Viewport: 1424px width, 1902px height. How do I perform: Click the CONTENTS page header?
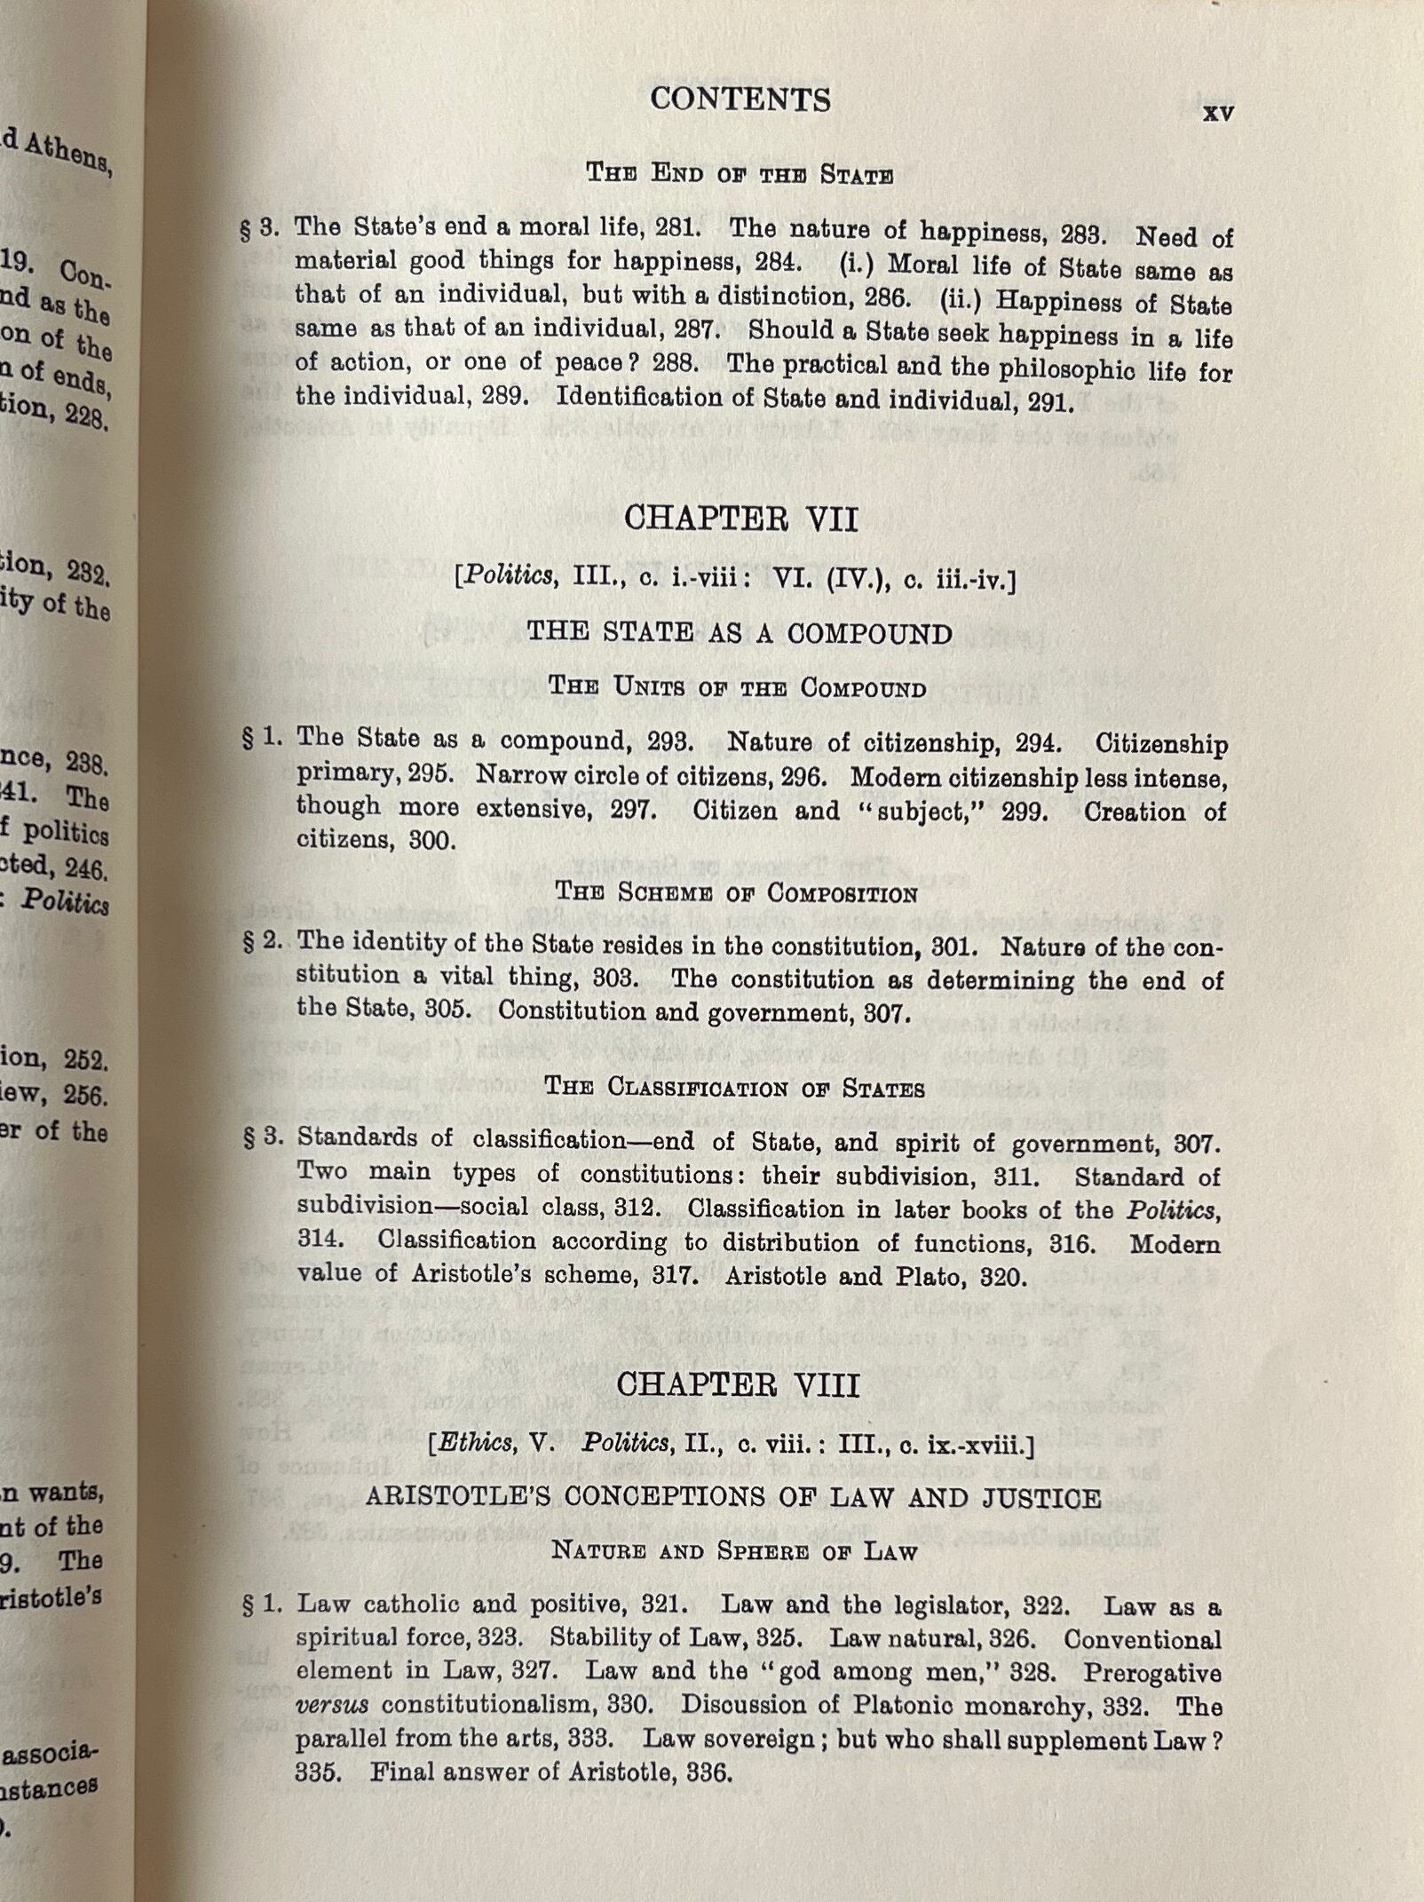(740, 99)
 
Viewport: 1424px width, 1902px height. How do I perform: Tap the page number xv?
(1218, 113)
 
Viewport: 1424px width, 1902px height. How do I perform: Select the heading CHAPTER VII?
(740, 519)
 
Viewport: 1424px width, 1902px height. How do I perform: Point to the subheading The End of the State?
(739, 173)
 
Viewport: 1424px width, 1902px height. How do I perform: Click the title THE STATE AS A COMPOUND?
(739, 633)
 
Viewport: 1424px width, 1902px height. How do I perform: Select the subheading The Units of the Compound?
(737, 687)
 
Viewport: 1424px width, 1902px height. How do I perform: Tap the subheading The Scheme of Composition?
(736, 892)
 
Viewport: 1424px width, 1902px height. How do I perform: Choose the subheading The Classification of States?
(734, 1088)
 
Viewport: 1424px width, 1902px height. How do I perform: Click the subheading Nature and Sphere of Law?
(734, 1551)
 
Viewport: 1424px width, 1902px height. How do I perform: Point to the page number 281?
(676, 227)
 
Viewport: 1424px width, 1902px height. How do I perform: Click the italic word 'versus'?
(331, 1705)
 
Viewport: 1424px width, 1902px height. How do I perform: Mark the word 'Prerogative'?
(1151, 1673)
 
